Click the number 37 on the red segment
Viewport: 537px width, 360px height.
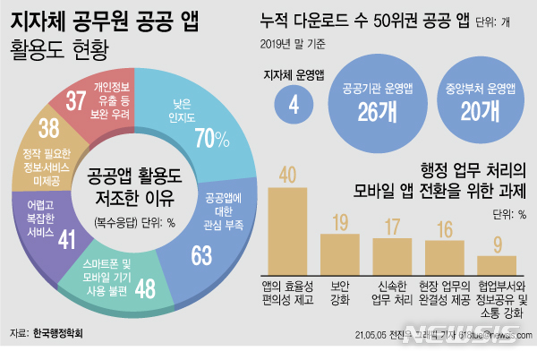click(76, 100)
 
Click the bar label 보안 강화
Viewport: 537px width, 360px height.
click(340, 292)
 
